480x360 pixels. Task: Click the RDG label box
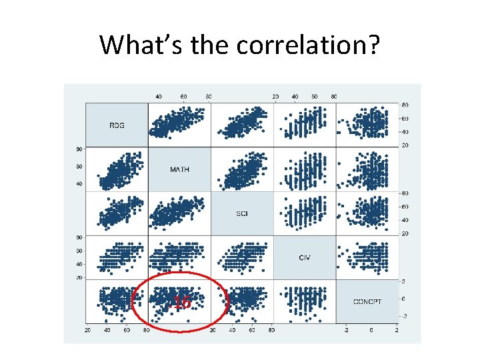[117, 125]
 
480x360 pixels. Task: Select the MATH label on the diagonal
[179, 169]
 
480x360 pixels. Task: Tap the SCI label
[242, 213]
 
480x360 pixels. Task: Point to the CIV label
[305, 257]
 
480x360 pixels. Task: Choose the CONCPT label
[367, 301]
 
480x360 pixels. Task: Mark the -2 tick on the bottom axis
[345, 331]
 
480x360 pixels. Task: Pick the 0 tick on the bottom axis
[371, 331]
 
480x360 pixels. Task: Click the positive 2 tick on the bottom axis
[397, 331]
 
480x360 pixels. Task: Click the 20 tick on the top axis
[275, 97]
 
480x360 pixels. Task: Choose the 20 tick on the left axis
[79, 277]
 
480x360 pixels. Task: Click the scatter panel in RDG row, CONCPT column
[367, 125]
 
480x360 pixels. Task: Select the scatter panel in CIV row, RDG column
[117, 257]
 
